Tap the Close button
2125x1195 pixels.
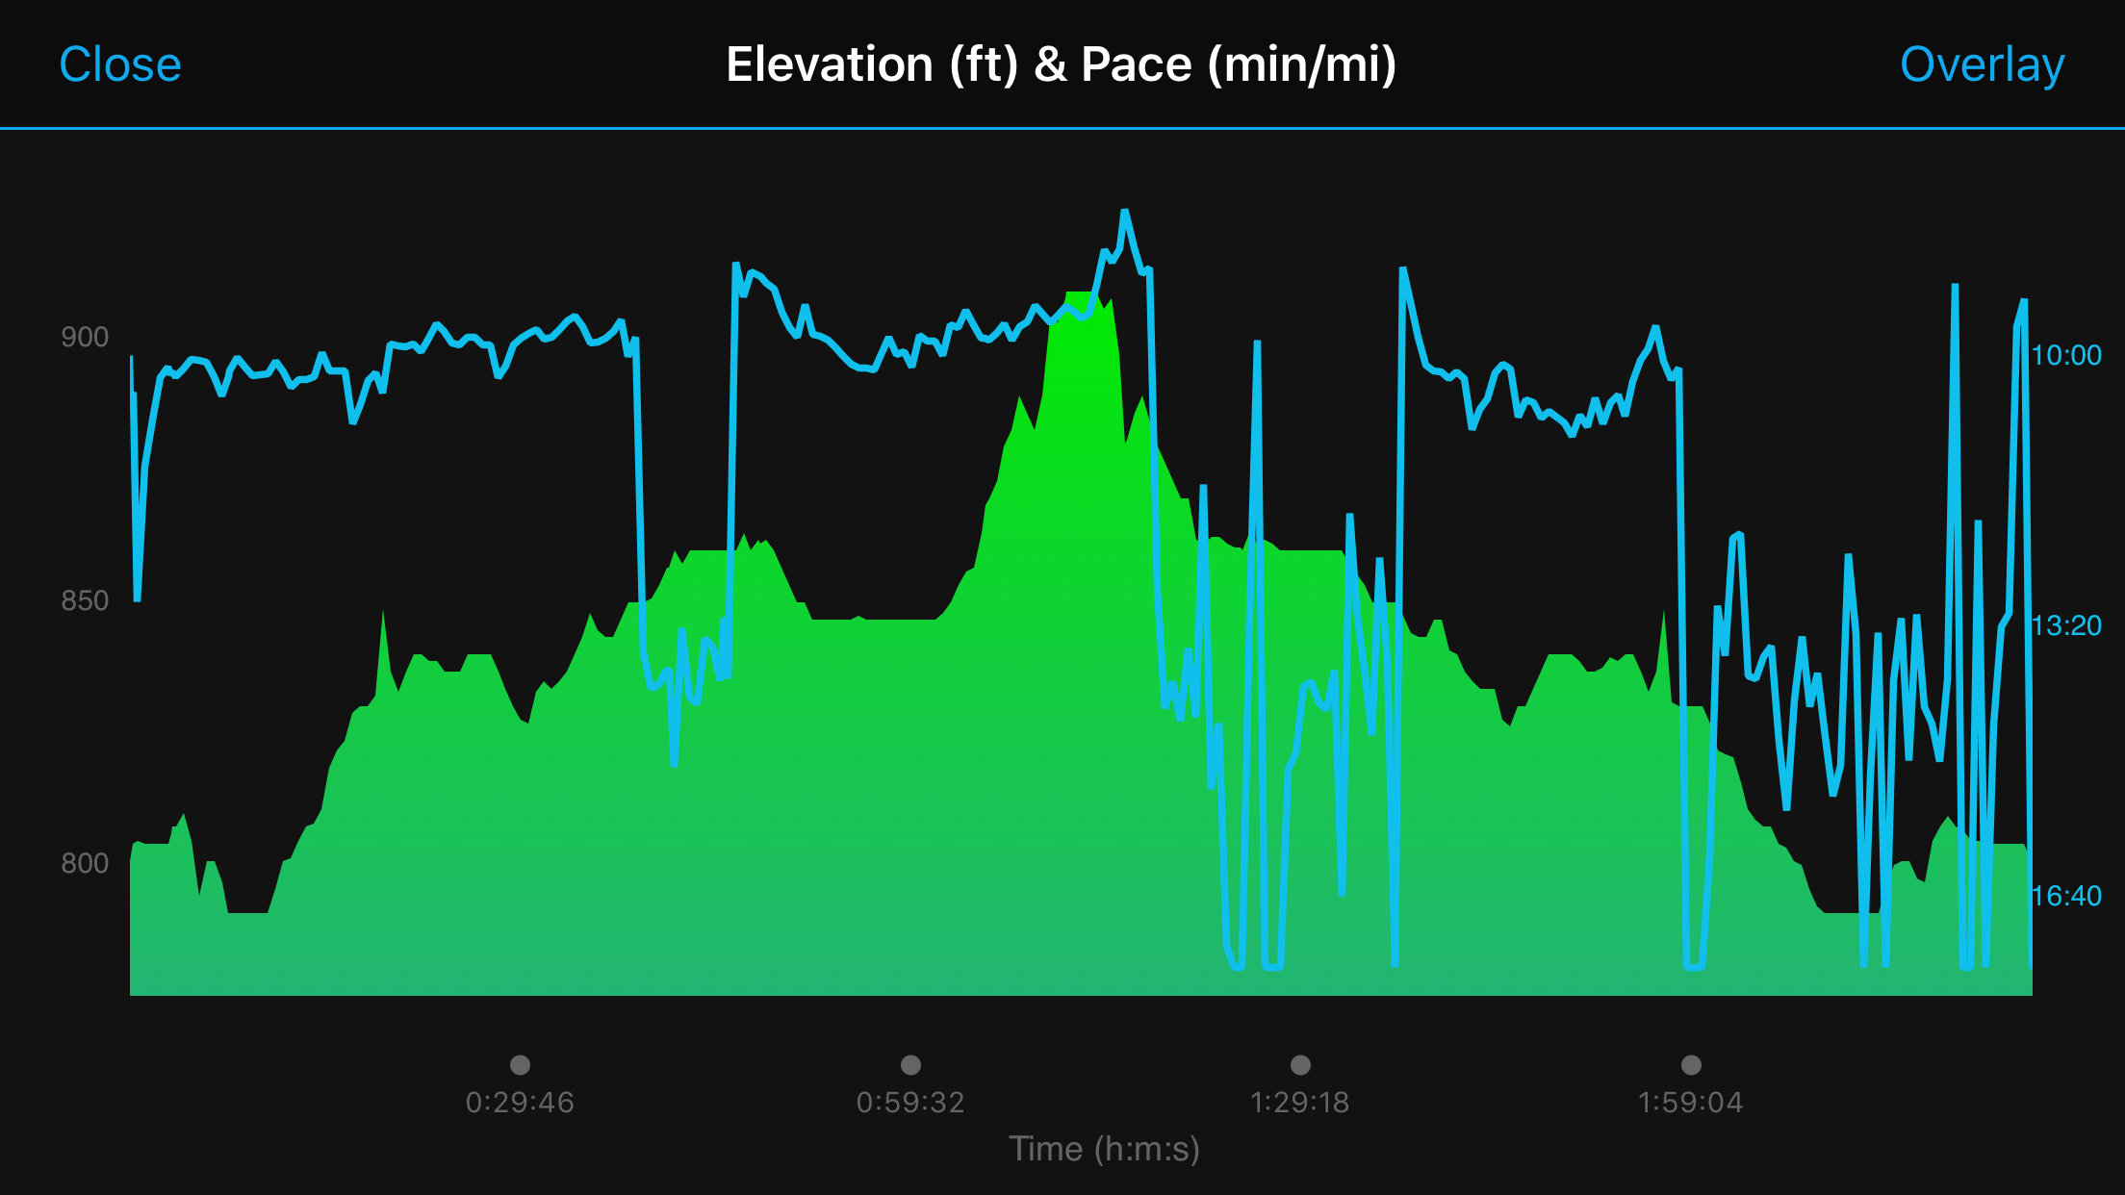[120, 65]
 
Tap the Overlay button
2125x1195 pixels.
[1982, 65]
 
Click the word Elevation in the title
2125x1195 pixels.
[829, 65]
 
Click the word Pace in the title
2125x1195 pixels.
[1136, 65]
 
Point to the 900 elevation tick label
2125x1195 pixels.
[85, 337]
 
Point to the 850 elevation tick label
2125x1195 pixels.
[85, 600]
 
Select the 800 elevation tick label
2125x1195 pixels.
[85, 863]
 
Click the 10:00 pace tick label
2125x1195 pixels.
[2066, 355]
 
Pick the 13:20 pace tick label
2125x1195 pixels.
[2066, 625]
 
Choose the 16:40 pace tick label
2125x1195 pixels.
[2066, 896]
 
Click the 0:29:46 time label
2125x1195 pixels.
[520, 1102]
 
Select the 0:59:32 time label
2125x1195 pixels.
[910, 1102]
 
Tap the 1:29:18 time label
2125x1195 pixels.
[1300, 1102]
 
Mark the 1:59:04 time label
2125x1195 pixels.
[1691, 1102]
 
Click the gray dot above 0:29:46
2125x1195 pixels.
[520, 1064]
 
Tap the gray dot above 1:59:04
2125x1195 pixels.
[1691, 1064]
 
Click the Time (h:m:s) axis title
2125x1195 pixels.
[1104, 1149]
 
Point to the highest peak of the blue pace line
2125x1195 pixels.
[1124, 211]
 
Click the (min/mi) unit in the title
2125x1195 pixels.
[1302, 65]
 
